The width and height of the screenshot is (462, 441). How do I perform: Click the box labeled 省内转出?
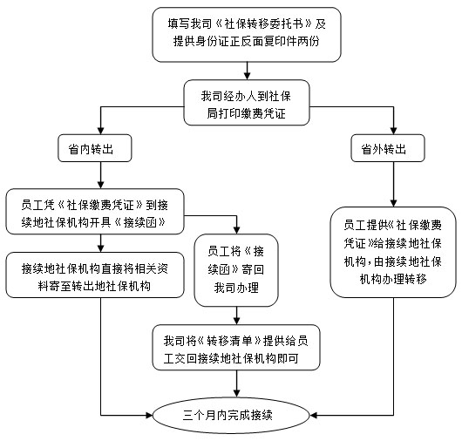tap(95, 148)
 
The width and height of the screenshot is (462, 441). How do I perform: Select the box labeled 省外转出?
tap(388, 148)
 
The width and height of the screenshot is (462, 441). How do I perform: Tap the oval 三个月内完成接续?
tap(231, 415)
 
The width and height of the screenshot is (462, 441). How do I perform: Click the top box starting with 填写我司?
tap(247, 35)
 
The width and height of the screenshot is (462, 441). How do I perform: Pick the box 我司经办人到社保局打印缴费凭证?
tap(247, 103)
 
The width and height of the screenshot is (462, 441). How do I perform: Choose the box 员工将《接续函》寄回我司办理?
tap(236, 270)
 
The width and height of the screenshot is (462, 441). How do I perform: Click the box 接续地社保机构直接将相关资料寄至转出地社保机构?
tap(95, 275)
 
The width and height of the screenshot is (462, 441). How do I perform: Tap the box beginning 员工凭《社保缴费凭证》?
tap(95, 212)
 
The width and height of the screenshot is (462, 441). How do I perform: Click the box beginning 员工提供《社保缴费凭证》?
tap(393, 252)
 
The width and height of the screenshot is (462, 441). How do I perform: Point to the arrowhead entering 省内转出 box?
tap(101, 131)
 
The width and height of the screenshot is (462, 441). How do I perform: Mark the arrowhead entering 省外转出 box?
tap(394, 131)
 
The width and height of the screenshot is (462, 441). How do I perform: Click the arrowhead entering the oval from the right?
tap(314, 415)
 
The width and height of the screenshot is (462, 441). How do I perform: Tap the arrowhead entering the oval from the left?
tap(149, 415)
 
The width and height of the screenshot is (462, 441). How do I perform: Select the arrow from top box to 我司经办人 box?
tap(248, 71)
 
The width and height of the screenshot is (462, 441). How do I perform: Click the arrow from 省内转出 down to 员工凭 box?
tap(101, 175)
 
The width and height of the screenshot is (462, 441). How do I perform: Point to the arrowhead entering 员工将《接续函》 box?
tap(236, 231)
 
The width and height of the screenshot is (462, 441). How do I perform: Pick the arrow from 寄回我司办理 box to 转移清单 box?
tap(236, 315)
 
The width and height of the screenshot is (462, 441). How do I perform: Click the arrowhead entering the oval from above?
tap(236, 394)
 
